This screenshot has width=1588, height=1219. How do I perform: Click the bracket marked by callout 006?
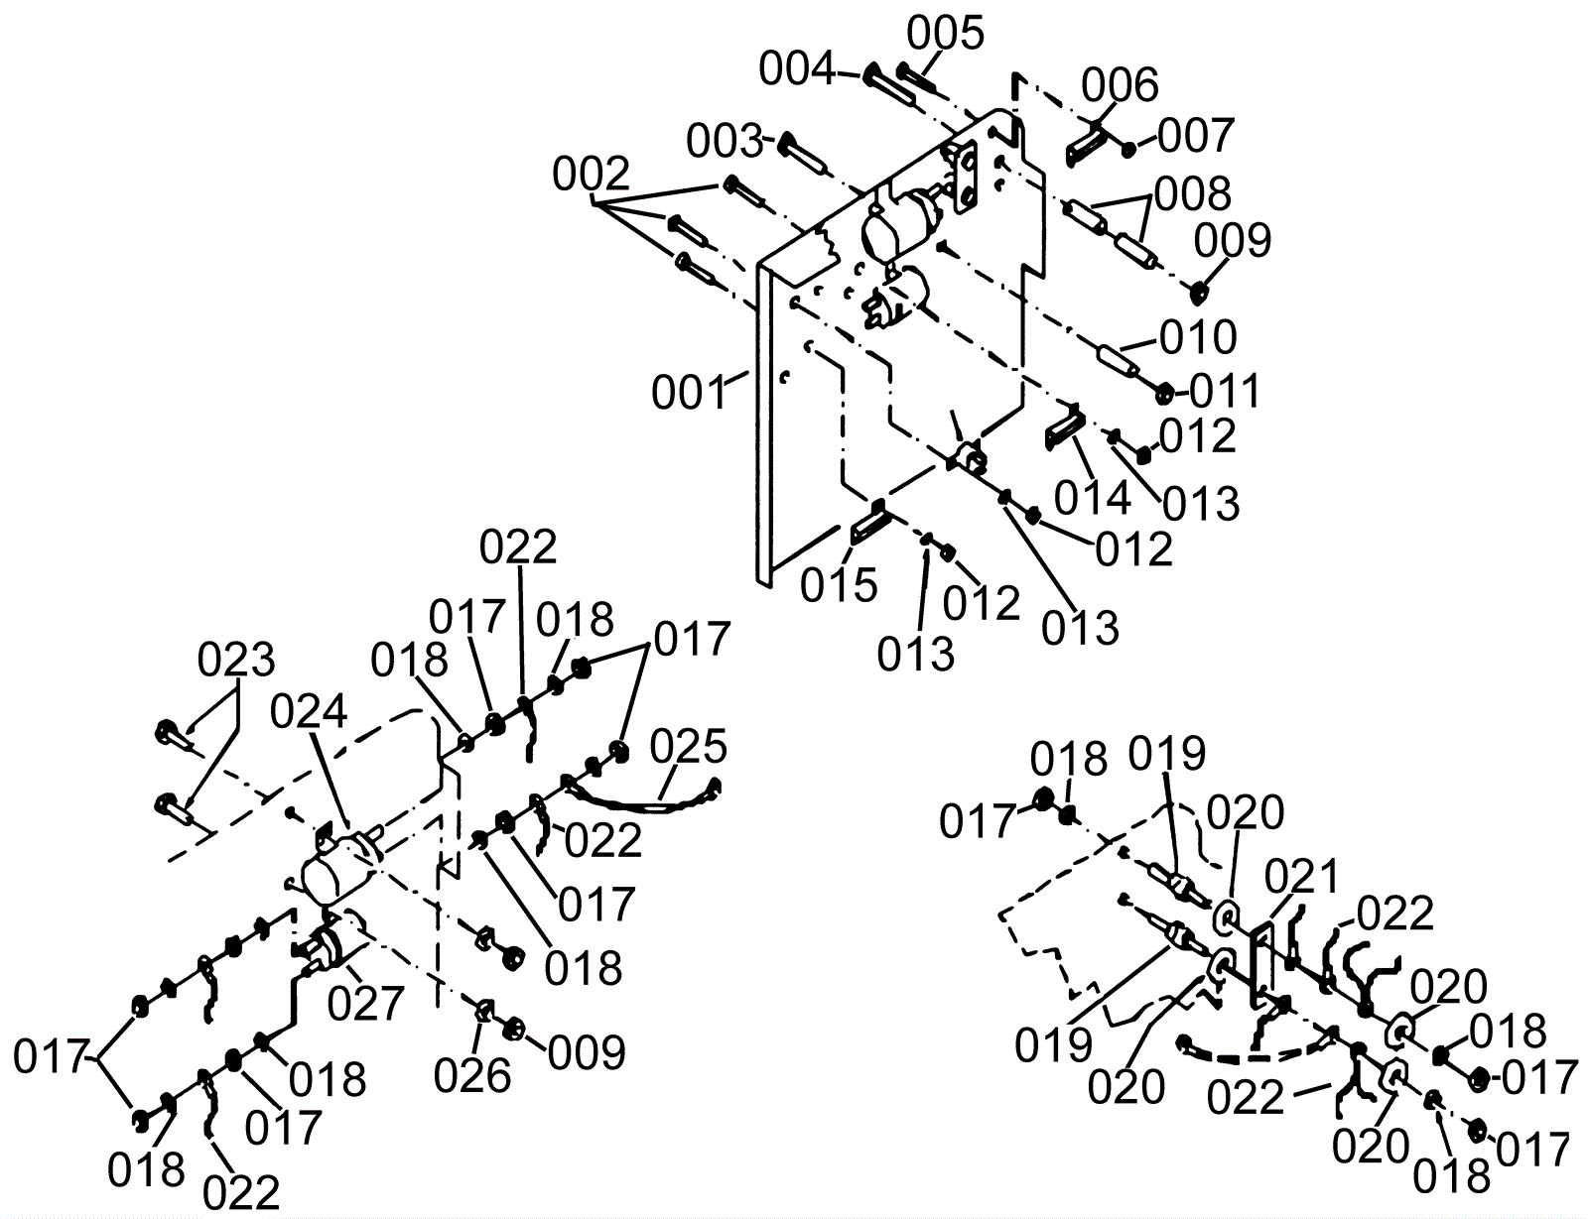click(1088, 141)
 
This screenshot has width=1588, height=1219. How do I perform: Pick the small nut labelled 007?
click(1129, 150)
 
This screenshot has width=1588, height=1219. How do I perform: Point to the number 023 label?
click(235, 660)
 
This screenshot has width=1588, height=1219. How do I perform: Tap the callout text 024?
click(309, 712)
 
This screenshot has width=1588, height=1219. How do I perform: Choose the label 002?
click(592, 177)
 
